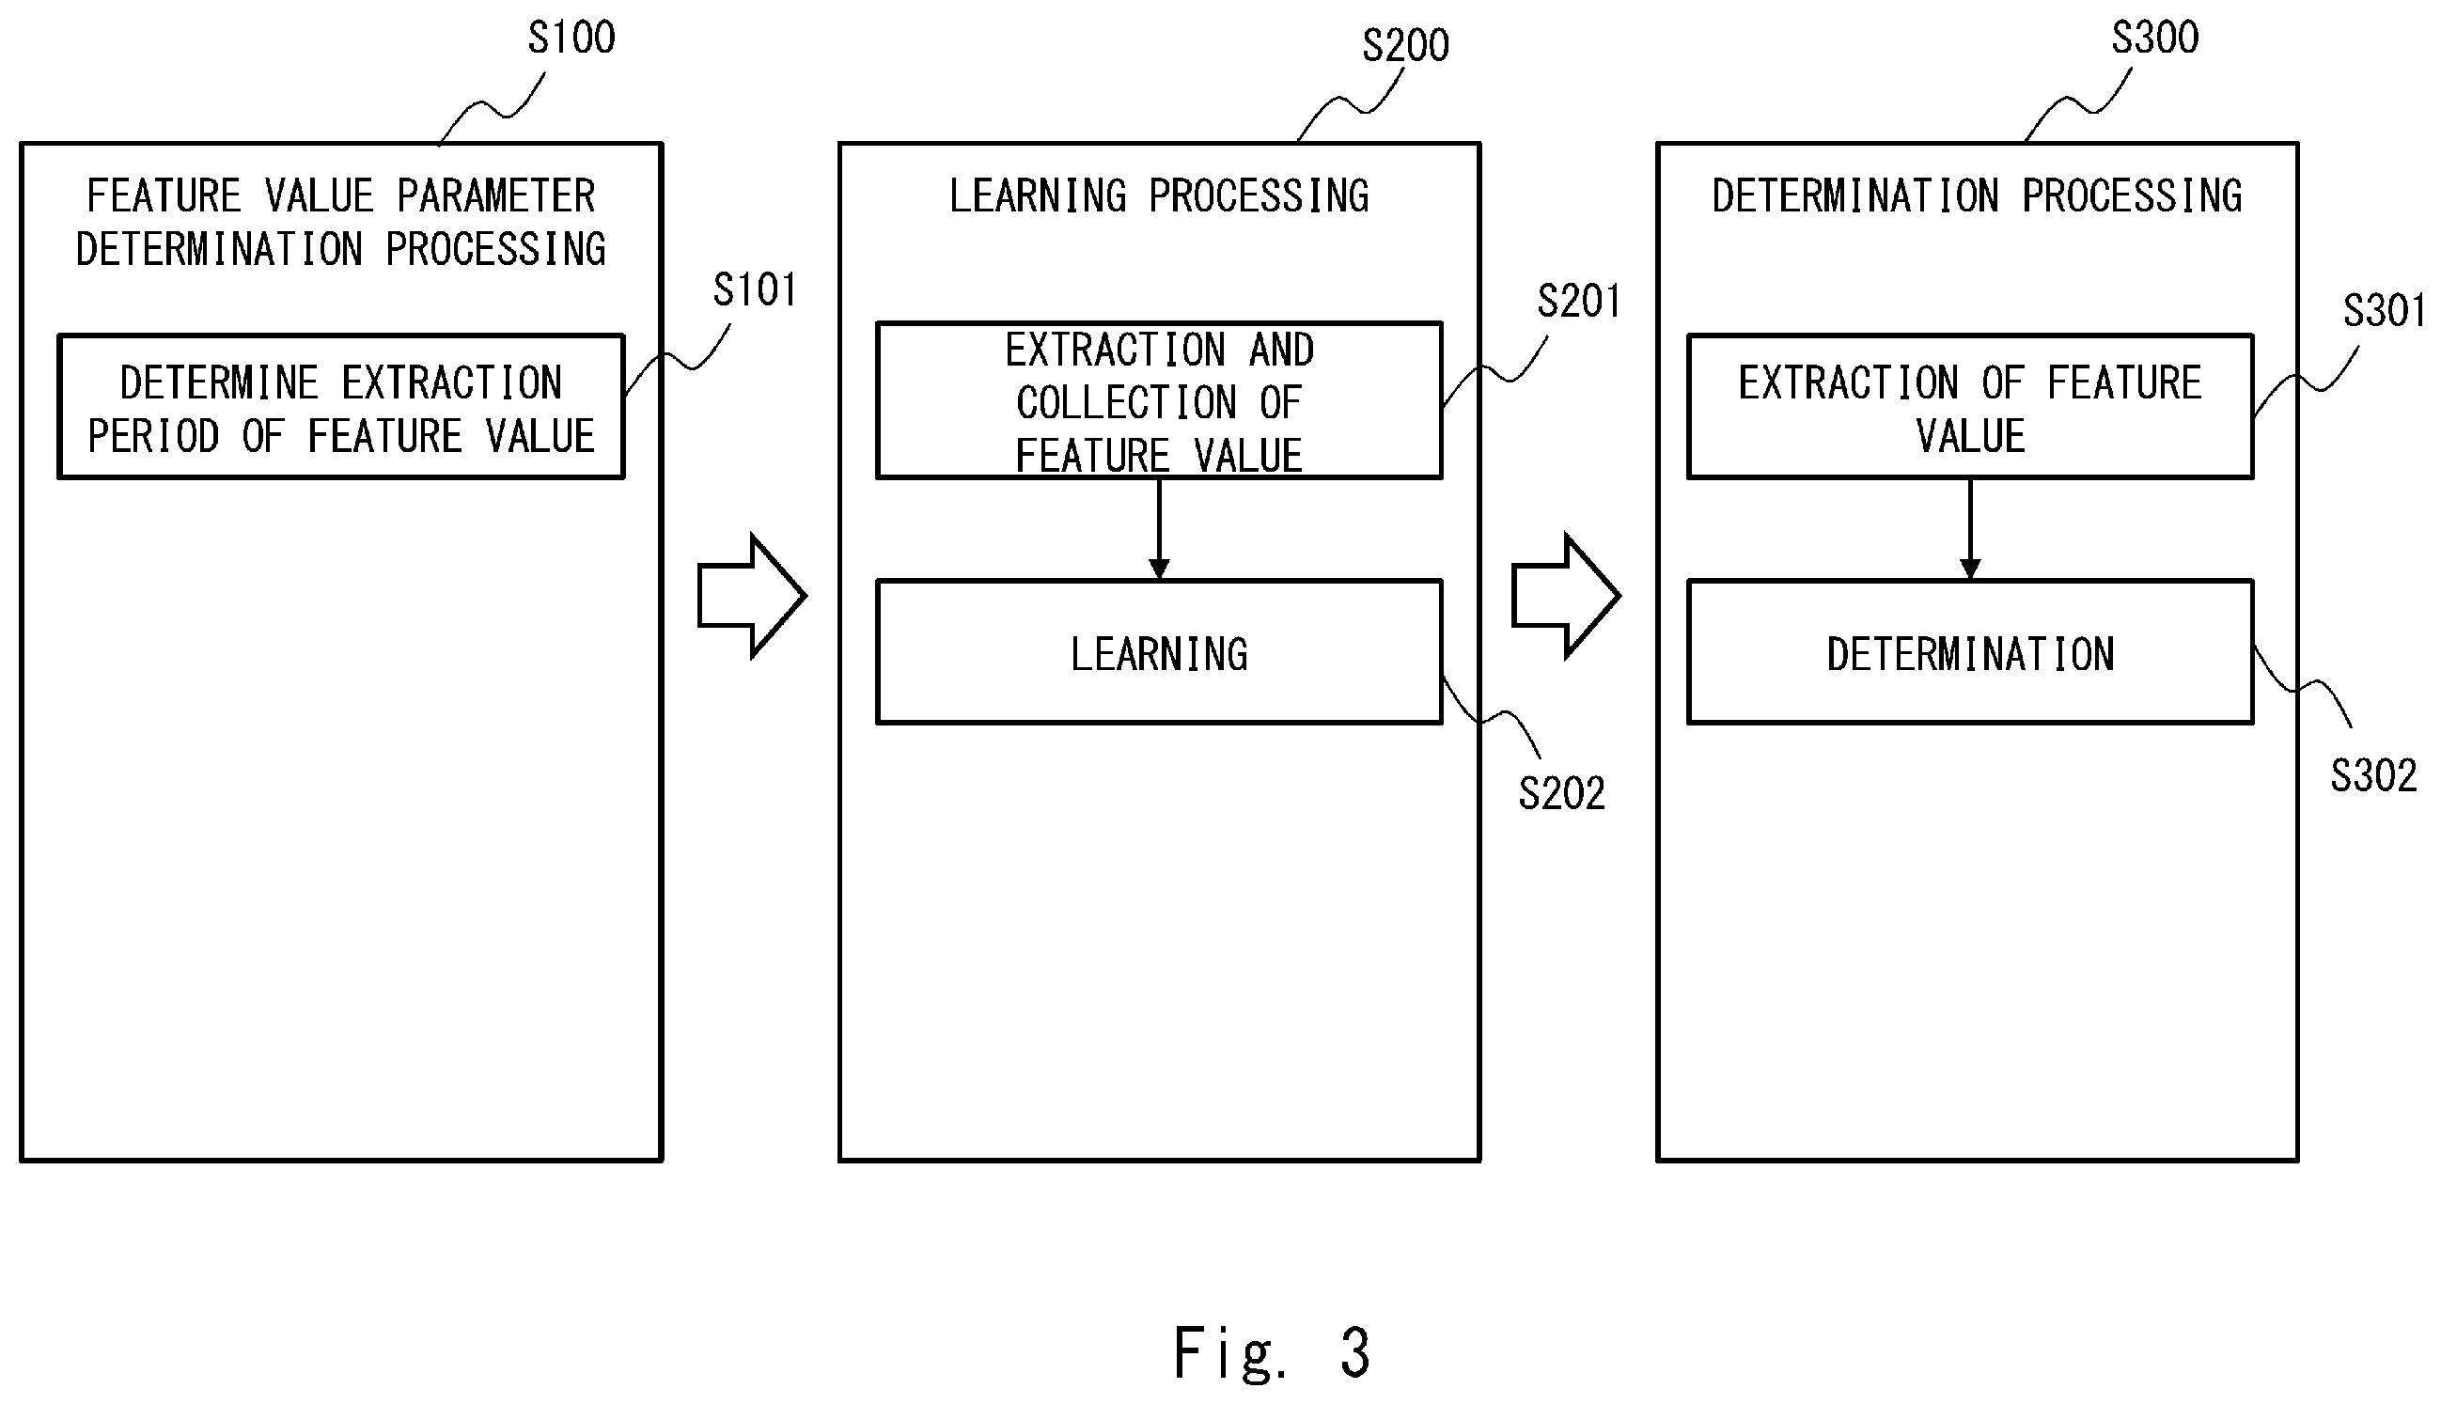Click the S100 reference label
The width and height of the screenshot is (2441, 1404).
click(571, 38)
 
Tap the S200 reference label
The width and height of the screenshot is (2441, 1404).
click(1405, 45)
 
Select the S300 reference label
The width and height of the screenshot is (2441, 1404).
click(2154, 38)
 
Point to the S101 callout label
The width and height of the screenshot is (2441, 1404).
click(755, 289)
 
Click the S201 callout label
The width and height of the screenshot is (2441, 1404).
click(1579, 301)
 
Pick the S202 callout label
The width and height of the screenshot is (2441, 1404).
click(1561, 793)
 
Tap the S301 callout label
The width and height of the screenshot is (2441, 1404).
click(2385, 310)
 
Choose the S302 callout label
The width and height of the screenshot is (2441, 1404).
click(2373, 775)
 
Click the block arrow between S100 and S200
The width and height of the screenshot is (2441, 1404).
click(751, 596)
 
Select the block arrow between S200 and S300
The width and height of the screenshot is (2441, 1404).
click(1565, 596)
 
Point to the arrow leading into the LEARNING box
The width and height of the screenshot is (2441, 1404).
click(1159, 528)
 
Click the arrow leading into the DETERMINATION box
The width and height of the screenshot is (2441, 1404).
click(1970, 528)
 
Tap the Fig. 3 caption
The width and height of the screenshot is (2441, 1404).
click(1271, 1352)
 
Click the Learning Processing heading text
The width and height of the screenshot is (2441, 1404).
click(1159, 195)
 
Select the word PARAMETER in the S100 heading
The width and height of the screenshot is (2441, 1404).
click(495, 195)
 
